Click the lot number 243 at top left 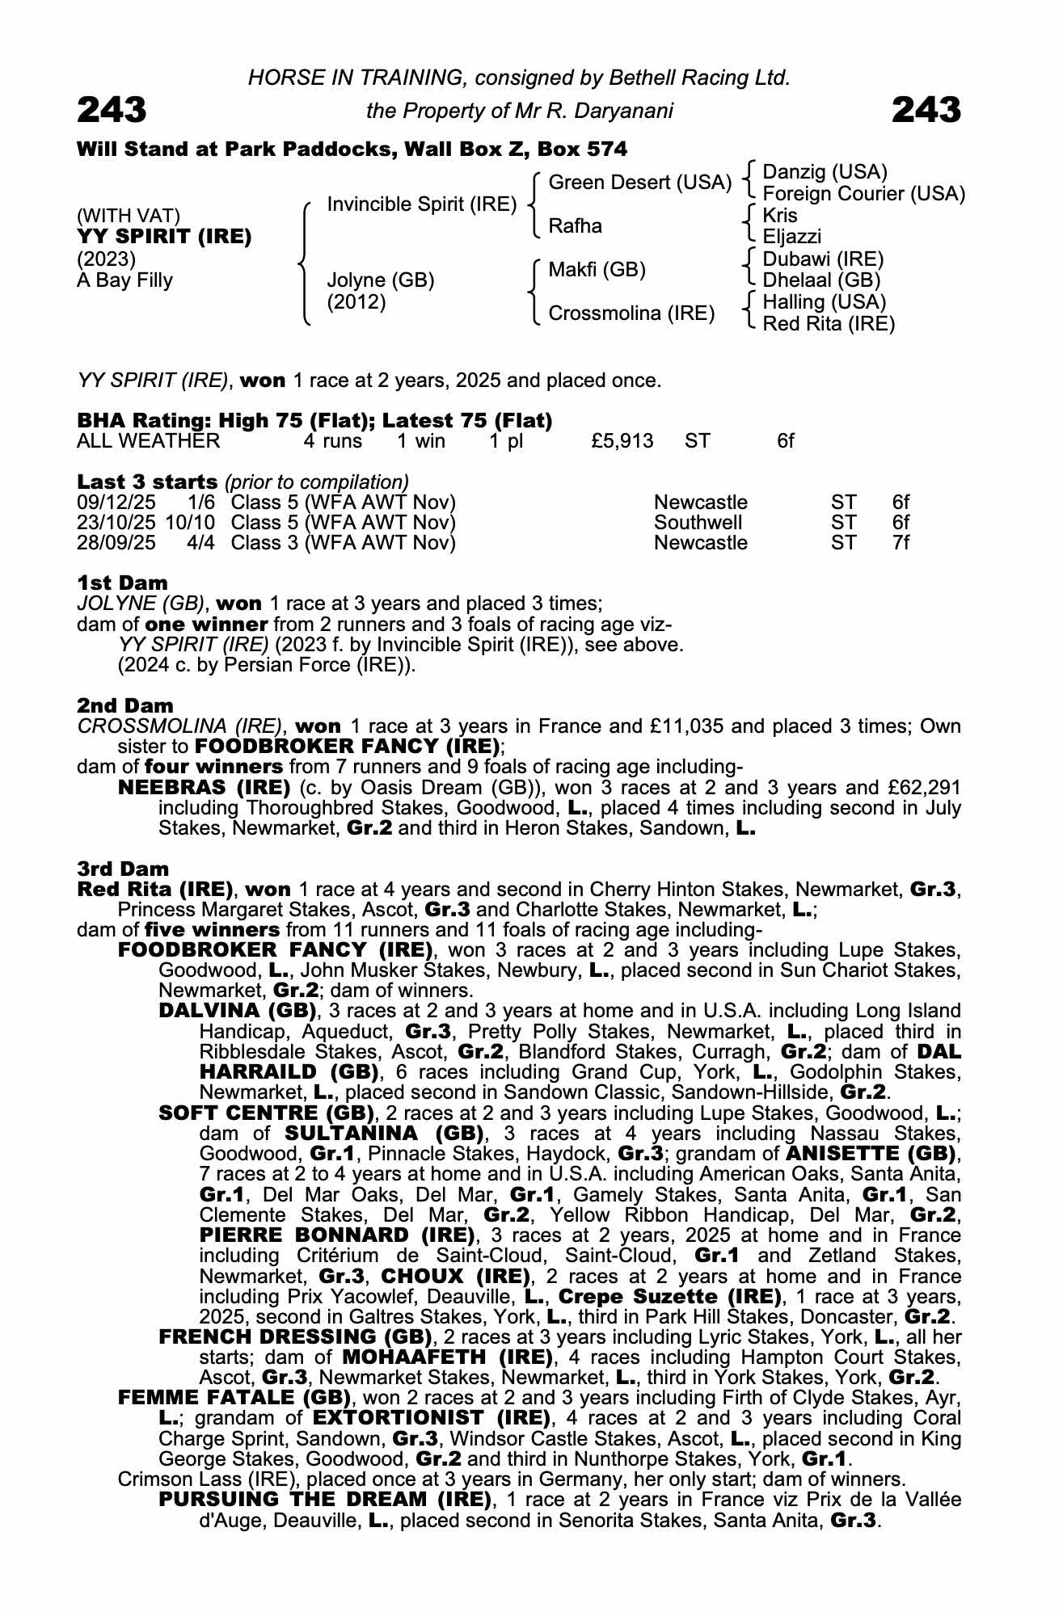112,110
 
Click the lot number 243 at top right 926,110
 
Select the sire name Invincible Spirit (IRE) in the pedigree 421,204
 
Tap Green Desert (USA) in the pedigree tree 639,183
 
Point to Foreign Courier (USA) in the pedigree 863,194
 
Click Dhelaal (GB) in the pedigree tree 820,280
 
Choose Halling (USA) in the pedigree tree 824,302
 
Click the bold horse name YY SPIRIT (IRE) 164,237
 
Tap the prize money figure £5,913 622,441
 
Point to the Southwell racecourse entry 698,523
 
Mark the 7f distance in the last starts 901,543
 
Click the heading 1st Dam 122,583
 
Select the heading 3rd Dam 123,869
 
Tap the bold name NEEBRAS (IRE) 204,787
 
